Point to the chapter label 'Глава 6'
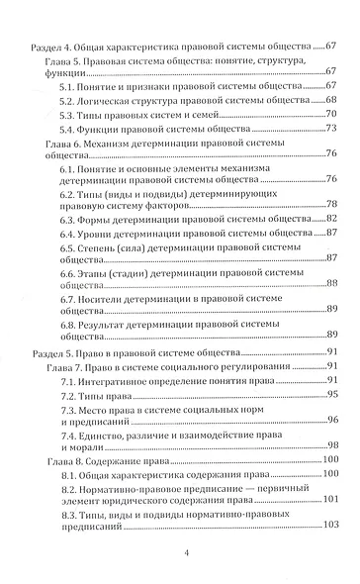coord(64,143)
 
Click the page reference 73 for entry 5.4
coord(332,129)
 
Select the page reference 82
coord(332,218)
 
